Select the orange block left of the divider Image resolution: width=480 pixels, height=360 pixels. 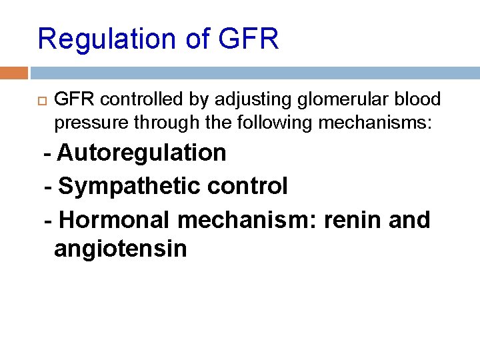[14, 72]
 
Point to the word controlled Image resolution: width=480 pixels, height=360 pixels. [135, 100]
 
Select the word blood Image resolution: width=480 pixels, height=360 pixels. [417, 100]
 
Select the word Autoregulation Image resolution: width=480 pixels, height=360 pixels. [142, 153]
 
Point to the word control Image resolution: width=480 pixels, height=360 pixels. [248, 187]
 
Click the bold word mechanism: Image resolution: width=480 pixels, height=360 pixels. [247, 219]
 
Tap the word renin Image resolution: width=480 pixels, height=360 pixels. [350, 219]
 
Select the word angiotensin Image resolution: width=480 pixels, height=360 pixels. [121, 249]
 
